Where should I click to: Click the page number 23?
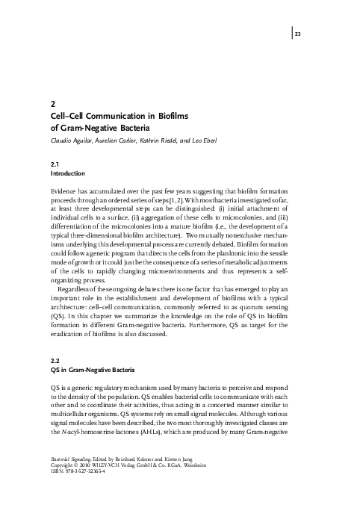click(x=298, y=34)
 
